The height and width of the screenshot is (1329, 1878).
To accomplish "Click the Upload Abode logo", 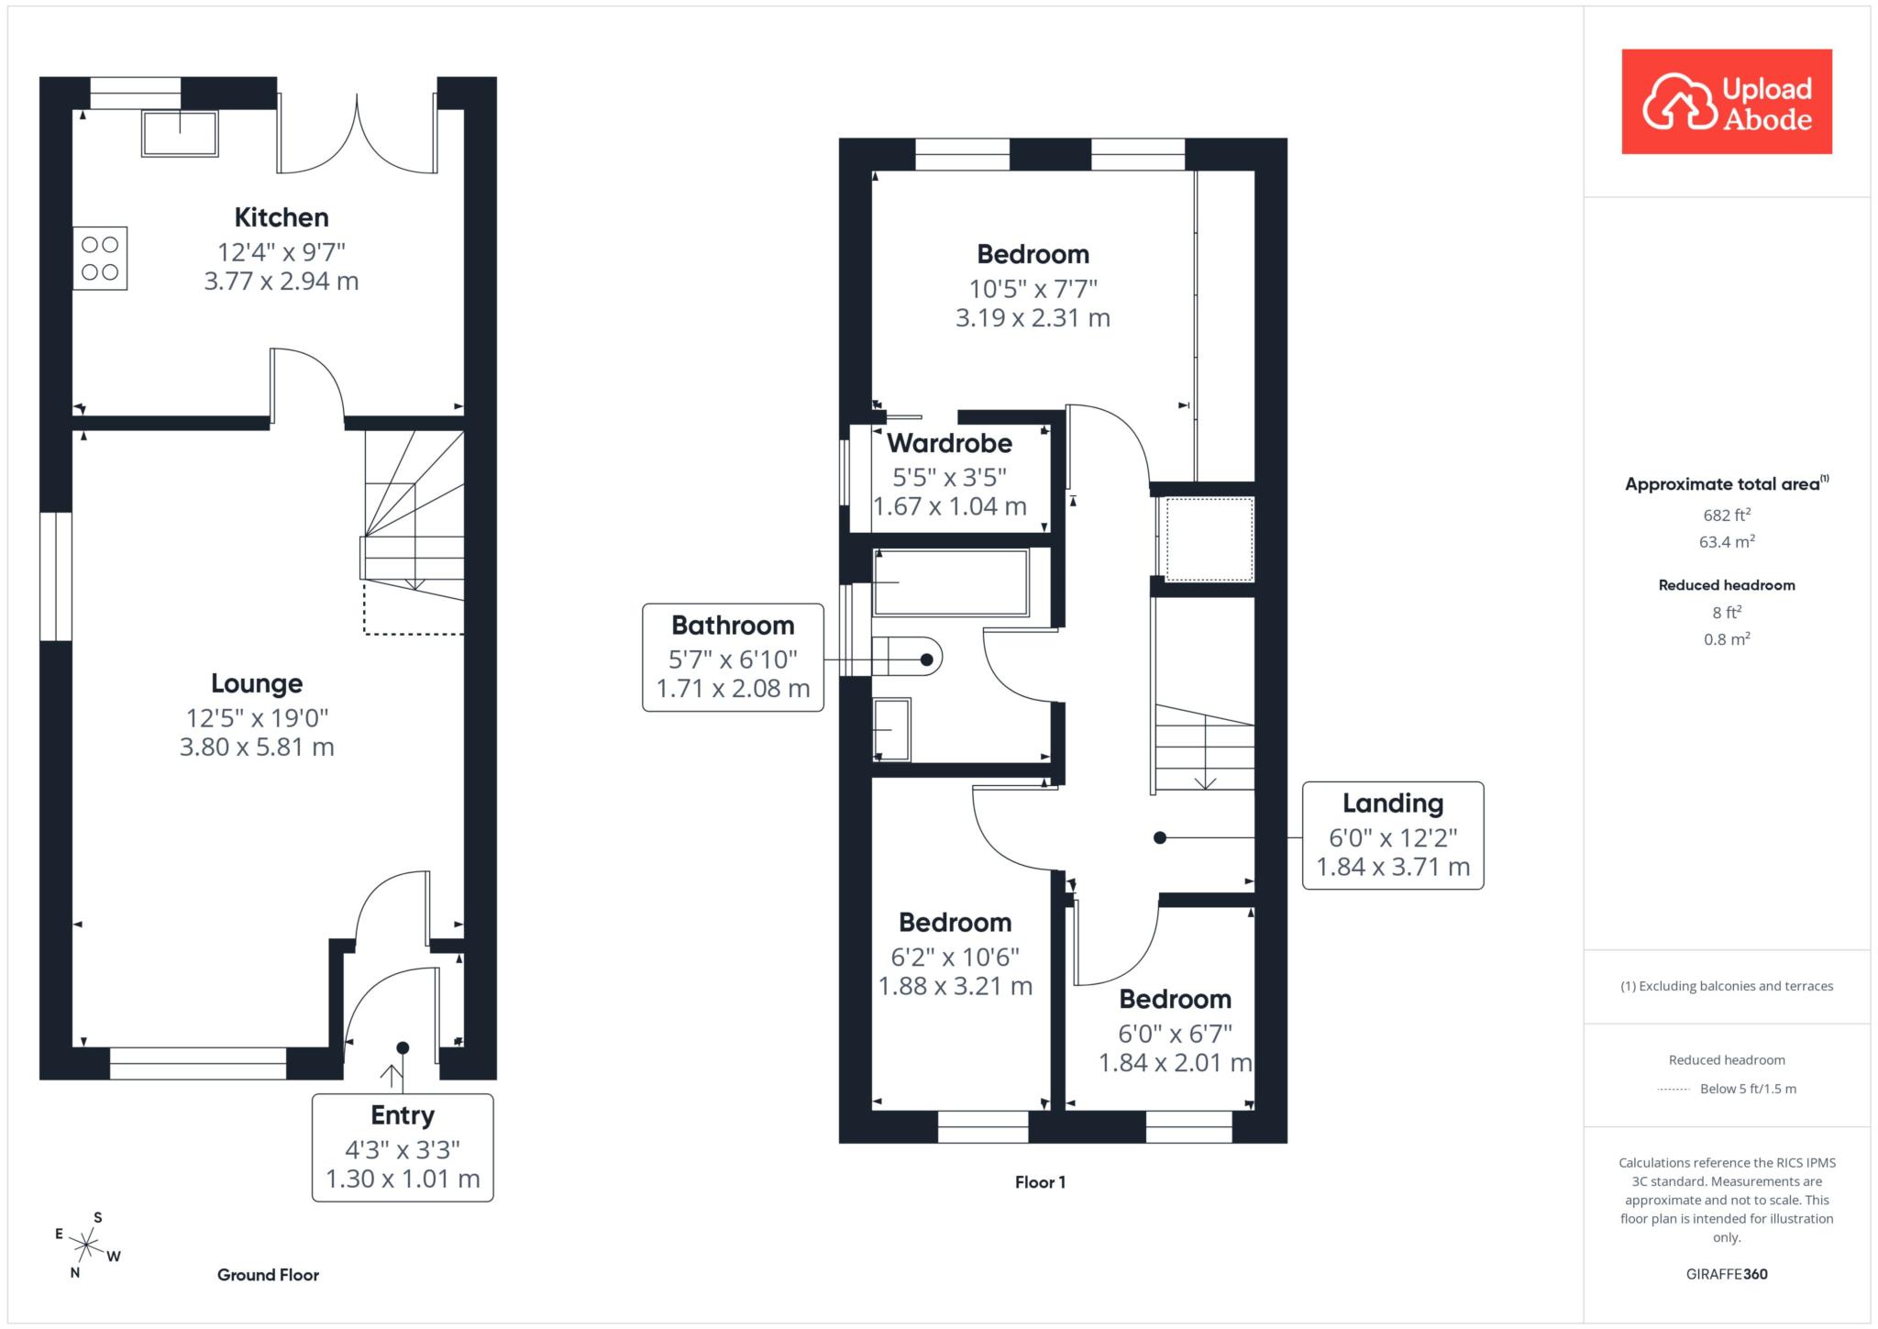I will (x=1726, y=102).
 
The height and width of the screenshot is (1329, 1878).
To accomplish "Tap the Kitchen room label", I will (x=282, y=217).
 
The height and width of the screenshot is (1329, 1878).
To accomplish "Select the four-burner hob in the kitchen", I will (x=100, y=259).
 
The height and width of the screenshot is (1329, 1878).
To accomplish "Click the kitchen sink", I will (x=180, y=134).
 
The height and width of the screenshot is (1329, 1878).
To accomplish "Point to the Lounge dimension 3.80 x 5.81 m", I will (x=257, y=747).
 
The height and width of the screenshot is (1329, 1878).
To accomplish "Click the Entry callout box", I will (x=403, y=1146).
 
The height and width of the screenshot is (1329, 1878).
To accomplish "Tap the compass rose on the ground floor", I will (x=86, y=1245).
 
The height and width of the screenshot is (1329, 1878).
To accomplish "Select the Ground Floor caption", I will (x=268, y=1275).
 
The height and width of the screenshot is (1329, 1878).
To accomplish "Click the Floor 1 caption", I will (x=1040, y=1182).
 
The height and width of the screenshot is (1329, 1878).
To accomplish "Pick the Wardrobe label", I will (x=949, y=443).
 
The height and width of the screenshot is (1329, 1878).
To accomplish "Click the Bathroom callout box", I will (x=733, y=657).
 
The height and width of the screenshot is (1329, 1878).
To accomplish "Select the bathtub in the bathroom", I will (x=950, y=582).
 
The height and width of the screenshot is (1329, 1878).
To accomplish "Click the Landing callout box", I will (x=1392, y=835).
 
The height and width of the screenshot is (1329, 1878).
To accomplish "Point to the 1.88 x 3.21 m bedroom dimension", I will (x=956, y=986).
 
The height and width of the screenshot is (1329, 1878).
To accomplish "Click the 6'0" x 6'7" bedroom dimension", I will (x=1175, y=1034).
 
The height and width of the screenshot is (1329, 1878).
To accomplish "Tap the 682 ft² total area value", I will (x=1726, y=515).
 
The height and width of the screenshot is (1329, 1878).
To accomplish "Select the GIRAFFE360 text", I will (x=1726, y=1274).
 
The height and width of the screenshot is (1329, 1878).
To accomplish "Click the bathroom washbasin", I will (x=891, y=729).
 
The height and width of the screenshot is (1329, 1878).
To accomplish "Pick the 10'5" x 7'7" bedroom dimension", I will (x=1033, y=289).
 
